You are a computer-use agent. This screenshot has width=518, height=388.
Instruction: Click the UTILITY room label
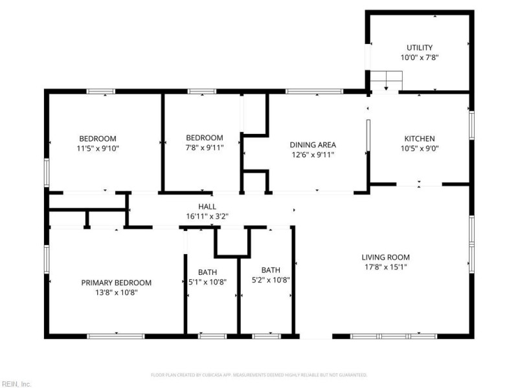tap(419, 48)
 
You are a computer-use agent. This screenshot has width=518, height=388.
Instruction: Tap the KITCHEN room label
tap(419, 138)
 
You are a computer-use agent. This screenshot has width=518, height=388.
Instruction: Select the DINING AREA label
tap(312, 145)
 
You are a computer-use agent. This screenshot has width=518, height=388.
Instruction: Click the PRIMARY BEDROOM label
tap(116, 283)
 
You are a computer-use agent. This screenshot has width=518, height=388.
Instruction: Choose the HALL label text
tap(207, 206)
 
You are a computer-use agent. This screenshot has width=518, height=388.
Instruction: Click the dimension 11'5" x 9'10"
tap(97, 148)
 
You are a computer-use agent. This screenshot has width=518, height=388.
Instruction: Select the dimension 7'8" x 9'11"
tap(204, 148)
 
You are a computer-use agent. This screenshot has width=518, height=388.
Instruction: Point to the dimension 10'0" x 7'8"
tap(419, 58)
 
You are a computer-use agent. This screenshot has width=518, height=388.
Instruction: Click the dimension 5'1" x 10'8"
tap(212, 281)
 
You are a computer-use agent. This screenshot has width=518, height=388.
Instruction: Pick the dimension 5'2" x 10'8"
tap(271, 280)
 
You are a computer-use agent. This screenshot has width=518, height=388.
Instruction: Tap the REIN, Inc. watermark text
tap(16, 383)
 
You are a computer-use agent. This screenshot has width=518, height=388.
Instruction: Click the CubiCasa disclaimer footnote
tap(259, 374)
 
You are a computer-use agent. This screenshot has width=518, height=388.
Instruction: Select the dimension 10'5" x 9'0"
tap(419, 148)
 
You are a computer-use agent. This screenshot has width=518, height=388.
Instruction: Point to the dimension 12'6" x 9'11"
tap(312, 155)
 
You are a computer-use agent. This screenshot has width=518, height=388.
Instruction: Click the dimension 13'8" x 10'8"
tap(116, 292)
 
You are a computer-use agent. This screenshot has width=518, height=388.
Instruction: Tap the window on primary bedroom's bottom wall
tap(116, 336)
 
